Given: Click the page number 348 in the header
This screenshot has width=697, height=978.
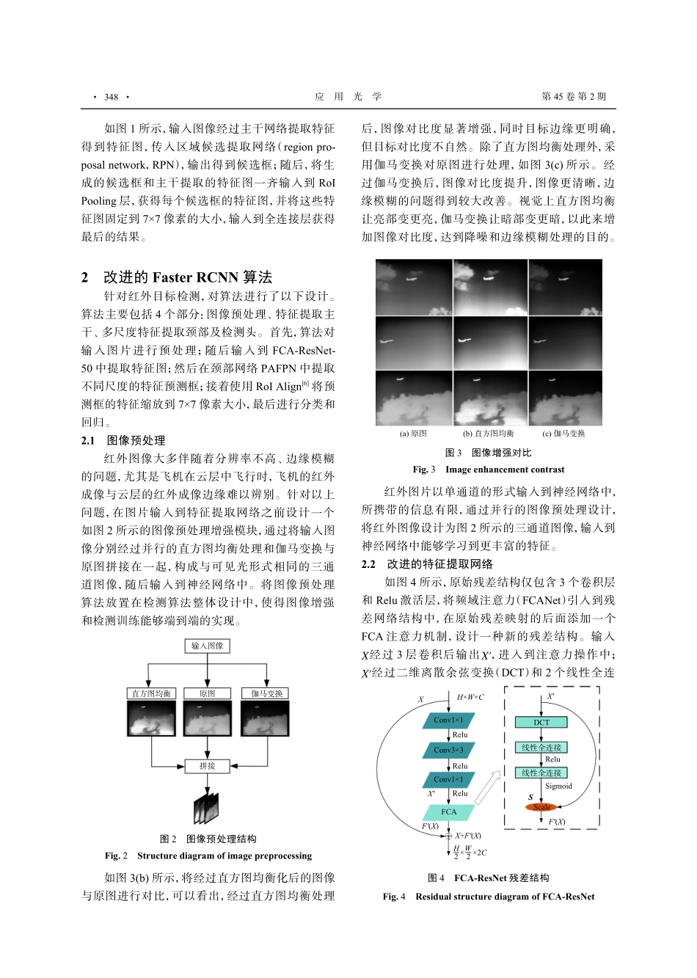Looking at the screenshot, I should [x=111, y=97].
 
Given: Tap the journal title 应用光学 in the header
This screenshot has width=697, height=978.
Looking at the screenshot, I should [x=348, y=97].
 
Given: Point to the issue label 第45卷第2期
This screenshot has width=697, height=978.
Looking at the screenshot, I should [x=574, y=97].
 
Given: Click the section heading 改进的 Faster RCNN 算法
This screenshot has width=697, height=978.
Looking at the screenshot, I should [x=187, y=277].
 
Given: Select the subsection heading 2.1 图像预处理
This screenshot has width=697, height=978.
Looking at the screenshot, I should [x=123, y=440].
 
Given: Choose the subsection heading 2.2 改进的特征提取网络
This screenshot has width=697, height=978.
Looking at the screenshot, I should [x=427, y=564].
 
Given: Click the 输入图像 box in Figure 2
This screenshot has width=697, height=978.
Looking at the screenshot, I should [x=208, y=646].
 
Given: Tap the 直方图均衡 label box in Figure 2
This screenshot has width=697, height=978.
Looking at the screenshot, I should [x=151, y=693].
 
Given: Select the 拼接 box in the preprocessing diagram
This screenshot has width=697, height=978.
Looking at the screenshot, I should [x=208, y=766].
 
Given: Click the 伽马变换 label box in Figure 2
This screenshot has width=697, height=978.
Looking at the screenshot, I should [x=266, y=693].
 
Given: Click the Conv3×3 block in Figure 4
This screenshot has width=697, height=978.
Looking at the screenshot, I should [x=448, y=750].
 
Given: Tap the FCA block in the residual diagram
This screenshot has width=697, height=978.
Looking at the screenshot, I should [x=448, y=812].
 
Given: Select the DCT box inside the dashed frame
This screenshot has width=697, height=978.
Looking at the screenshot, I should [x=541, y=723].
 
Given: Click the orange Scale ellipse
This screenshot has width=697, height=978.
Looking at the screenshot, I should [x=541, y=807].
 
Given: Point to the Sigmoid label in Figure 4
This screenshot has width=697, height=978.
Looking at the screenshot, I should [x=558, y=786].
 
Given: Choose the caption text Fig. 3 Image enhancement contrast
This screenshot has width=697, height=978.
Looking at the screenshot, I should [x=489, y=470].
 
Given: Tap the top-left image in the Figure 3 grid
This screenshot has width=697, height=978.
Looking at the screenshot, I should [x=413, y=287].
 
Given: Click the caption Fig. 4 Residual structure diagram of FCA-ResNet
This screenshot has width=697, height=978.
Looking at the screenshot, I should [x=489, y=897].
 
